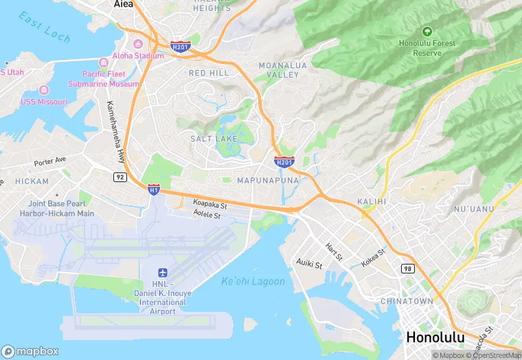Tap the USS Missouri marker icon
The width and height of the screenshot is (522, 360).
[x=44, y=90]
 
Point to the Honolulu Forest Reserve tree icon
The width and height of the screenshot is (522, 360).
[x=427, y=32]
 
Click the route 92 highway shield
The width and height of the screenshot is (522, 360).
[x=120, y=177]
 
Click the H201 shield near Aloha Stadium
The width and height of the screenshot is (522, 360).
[x=181, y=45]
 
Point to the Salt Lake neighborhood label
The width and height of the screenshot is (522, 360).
[x=214, y=139]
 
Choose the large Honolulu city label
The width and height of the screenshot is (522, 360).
[x=435, y=337]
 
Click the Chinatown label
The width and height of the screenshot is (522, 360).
[x=406, y=301]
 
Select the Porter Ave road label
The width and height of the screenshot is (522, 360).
[x=50, y=161]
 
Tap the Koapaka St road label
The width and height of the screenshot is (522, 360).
[x=209, y=204]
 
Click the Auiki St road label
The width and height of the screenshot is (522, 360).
[x=308, y=262]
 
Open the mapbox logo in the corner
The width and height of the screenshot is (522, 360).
[x=30, y=351]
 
